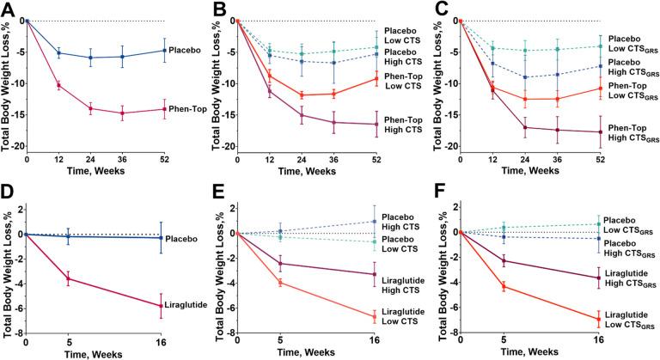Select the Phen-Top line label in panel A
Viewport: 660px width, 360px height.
[186, 109]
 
